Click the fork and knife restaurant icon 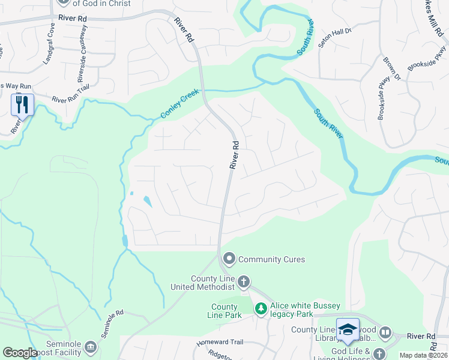(22, 104)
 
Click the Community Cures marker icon (229, 259)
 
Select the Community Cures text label (272, 259)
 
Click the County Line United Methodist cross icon (243, 281)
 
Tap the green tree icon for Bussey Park (261, 308)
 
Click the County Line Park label (224, 311)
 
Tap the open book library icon (385, 331)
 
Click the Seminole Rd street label (112, 324)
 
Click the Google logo (20, 353)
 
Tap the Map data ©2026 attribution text (423, 355)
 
